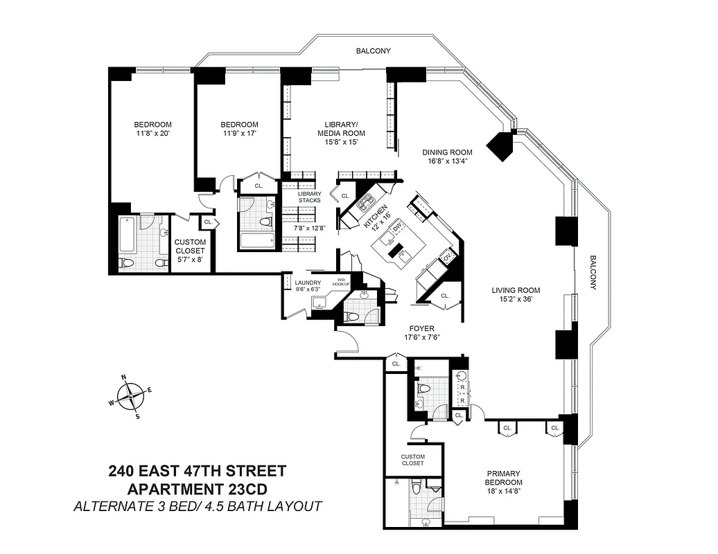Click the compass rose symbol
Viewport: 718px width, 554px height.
click(x=130, y=397)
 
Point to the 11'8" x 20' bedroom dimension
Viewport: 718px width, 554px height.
click(x=152, y=134)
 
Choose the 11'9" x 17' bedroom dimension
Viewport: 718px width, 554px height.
click(x=240, y=134)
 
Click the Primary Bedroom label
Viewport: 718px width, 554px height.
click(x=503, y=477)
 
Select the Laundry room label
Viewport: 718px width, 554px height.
click(x=307, y=283)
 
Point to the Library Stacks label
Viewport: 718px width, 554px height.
click(x=309, y=197)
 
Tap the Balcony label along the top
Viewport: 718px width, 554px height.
click(x=373, y=51)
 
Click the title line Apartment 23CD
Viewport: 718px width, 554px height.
click(x=197, y=489)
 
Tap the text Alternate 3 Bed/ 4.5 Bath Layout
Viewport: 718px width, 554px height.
click(x=197, y=506)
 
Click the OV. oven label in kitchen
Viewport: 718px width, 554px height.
click(x=447, y=258)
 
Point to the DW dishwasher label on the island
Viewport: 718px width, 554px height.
click(x=397, y=229)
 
